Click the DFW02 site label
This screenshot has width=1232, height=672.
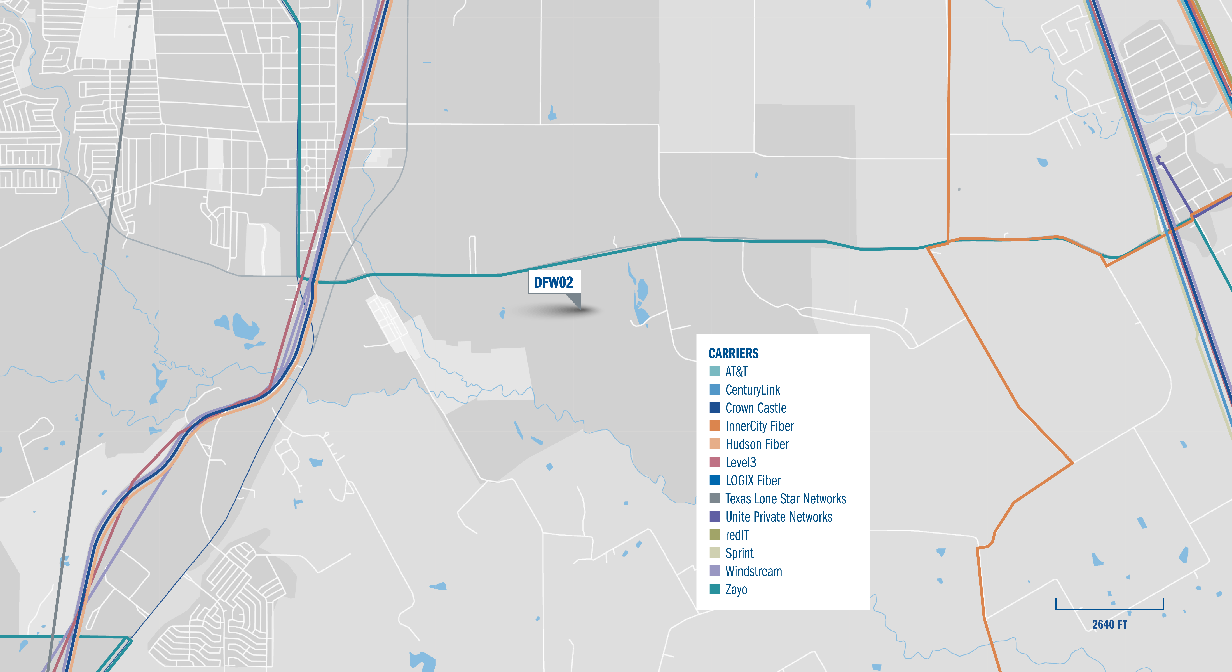(553, 282)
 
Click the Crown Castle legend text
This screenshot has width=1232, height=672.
(756, 408)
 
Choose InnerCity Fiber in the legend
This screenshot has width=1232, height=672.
(760, 426)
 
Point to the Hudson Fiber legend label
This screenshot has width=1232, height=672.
(757, 444)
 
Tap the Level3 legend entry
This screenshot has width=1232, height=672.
(741, 463)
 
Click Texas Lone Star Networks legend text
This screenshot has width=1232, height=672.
(785, 499)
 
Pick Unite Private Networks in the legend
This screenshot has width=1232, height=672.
(779, 517)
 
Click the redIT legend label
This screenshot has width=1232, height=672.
(737, 535)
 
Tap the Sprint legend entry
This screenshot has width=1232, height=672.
(739, 553)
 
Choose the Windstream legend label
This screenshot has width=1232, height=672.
(754, 572)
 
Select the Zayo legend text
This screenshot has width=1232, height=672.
(736, 590)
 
